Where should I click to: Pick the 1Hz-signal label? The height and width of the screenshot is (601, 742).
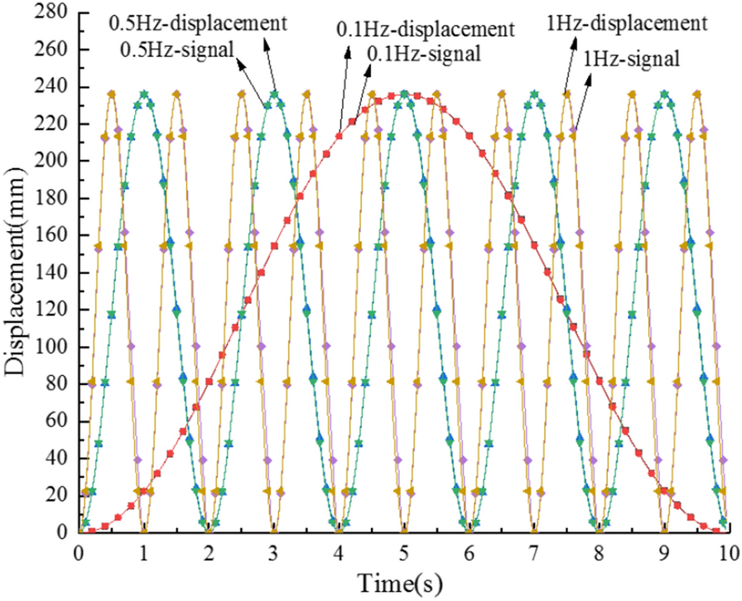632,58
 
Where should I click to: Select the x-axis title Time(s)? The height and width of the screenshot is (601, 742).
402,582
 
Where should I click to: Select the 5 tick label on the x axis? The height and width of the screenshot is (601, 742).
403,552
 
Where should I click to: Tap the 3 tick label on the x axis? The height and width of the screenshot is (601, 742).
273,552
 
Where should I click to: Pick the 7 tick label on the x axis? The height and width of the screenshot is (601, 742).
533,552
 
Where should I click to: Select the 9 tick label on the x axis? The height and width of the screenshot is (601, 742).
663,552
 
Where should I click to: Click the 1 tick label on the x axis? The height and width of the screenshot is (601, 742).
144,552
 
